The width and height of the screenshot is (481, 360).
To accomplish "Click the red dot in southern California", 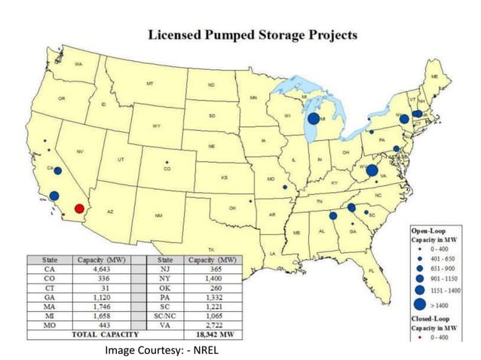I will [79, 209].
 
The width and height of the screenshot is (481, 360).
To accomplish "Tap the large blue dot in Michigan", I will [314, 119].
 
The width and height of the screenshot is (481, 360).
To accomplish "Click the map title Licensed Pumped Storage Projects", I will [253, 35].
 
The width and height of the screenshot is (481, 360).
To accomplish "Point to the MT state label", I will [150, 83].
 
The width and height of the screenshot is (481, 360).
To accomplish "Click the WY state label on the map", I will [156, 125].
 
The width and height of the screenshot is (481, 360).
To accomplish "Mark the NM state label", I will [158, 216].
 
